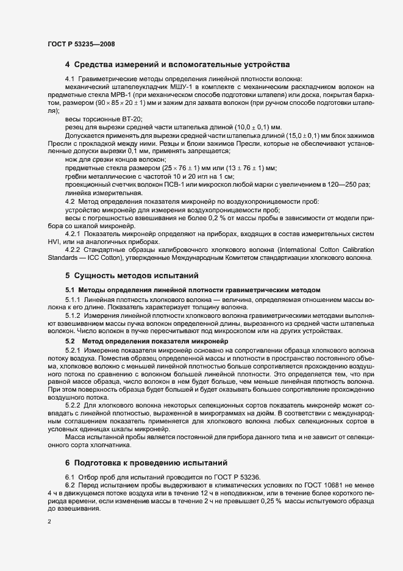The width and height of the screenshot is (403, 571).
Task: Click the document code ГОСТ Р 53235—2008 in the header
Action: (x=81, y=43)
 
